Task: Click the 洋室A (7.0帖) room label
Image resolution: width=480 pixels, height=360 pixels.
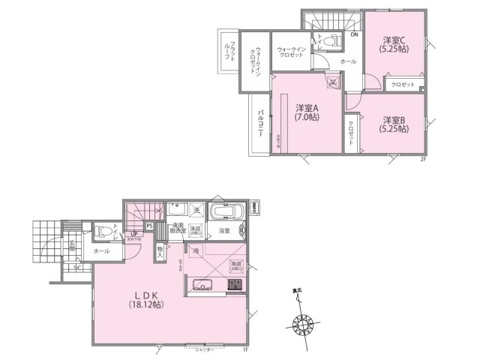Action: coord(306,112)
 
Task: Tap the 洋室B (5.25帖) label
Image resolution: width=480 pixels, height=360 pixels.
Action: coord(394,124)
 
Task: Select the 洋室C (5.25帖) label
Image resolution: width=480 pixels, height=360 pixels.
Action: coord(394,44)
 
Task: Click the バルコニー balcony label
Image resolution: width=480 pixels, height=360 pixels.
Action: coord(259,124)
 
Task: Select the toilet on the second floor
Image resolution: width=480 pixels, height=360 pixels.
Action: coord(333,41)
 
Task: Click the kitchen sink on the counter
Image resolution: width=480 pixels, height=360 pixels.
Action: coord(203,284)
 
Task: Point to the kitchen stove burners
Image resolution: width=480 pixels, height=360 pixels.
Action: coord(234,284)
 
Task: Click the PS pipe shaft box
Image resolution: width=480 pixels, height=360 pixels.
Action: coord(149,225)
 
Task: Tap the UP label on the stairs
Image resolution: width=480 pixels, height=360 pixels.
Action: coord(133,233)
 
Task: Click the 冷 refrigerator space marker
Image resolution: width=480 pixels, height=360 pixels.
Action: coord(195,250)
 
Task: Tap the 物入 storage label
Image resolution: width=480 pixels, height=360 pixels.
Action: coord(160,252)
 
